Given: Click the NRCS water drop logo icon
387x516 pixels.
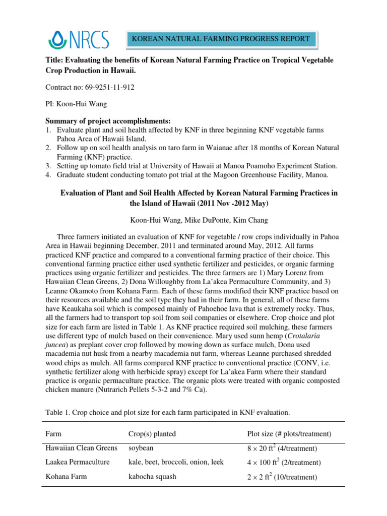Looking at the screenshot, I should (x=57, y=38).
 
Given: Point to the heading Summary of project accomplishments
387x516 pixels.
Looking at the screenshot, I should (x=108, y=121).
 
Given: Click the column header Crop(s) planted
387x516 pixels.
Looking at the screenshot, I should (x=153, y=433).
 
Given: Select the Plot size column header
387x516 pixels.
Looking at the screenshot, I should (x=289, y=433).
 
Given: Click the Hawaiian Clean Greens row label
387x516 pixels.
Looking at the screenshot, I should (x=81, y=447).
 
